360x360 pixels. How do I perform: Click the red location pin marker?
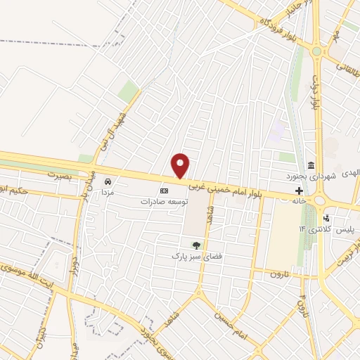point(181,165)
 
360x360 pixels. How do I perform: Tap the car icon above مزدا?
point(108,180)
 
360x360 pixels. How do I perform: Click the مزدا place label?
point(108,191)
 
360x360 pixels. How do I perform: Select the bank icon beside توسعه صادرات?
point(165,191)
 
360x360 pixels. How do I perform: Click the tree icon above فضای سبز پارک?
point(196,245)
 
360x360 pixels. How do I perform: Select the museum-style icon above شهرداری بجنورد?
point(309,164)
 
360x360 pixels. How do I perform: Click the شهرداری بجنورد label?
point(309,175)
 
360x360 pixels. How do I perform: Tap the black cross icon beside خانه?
point(300,191)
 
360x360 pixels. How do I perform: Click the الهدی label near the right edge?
point(349,172)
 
